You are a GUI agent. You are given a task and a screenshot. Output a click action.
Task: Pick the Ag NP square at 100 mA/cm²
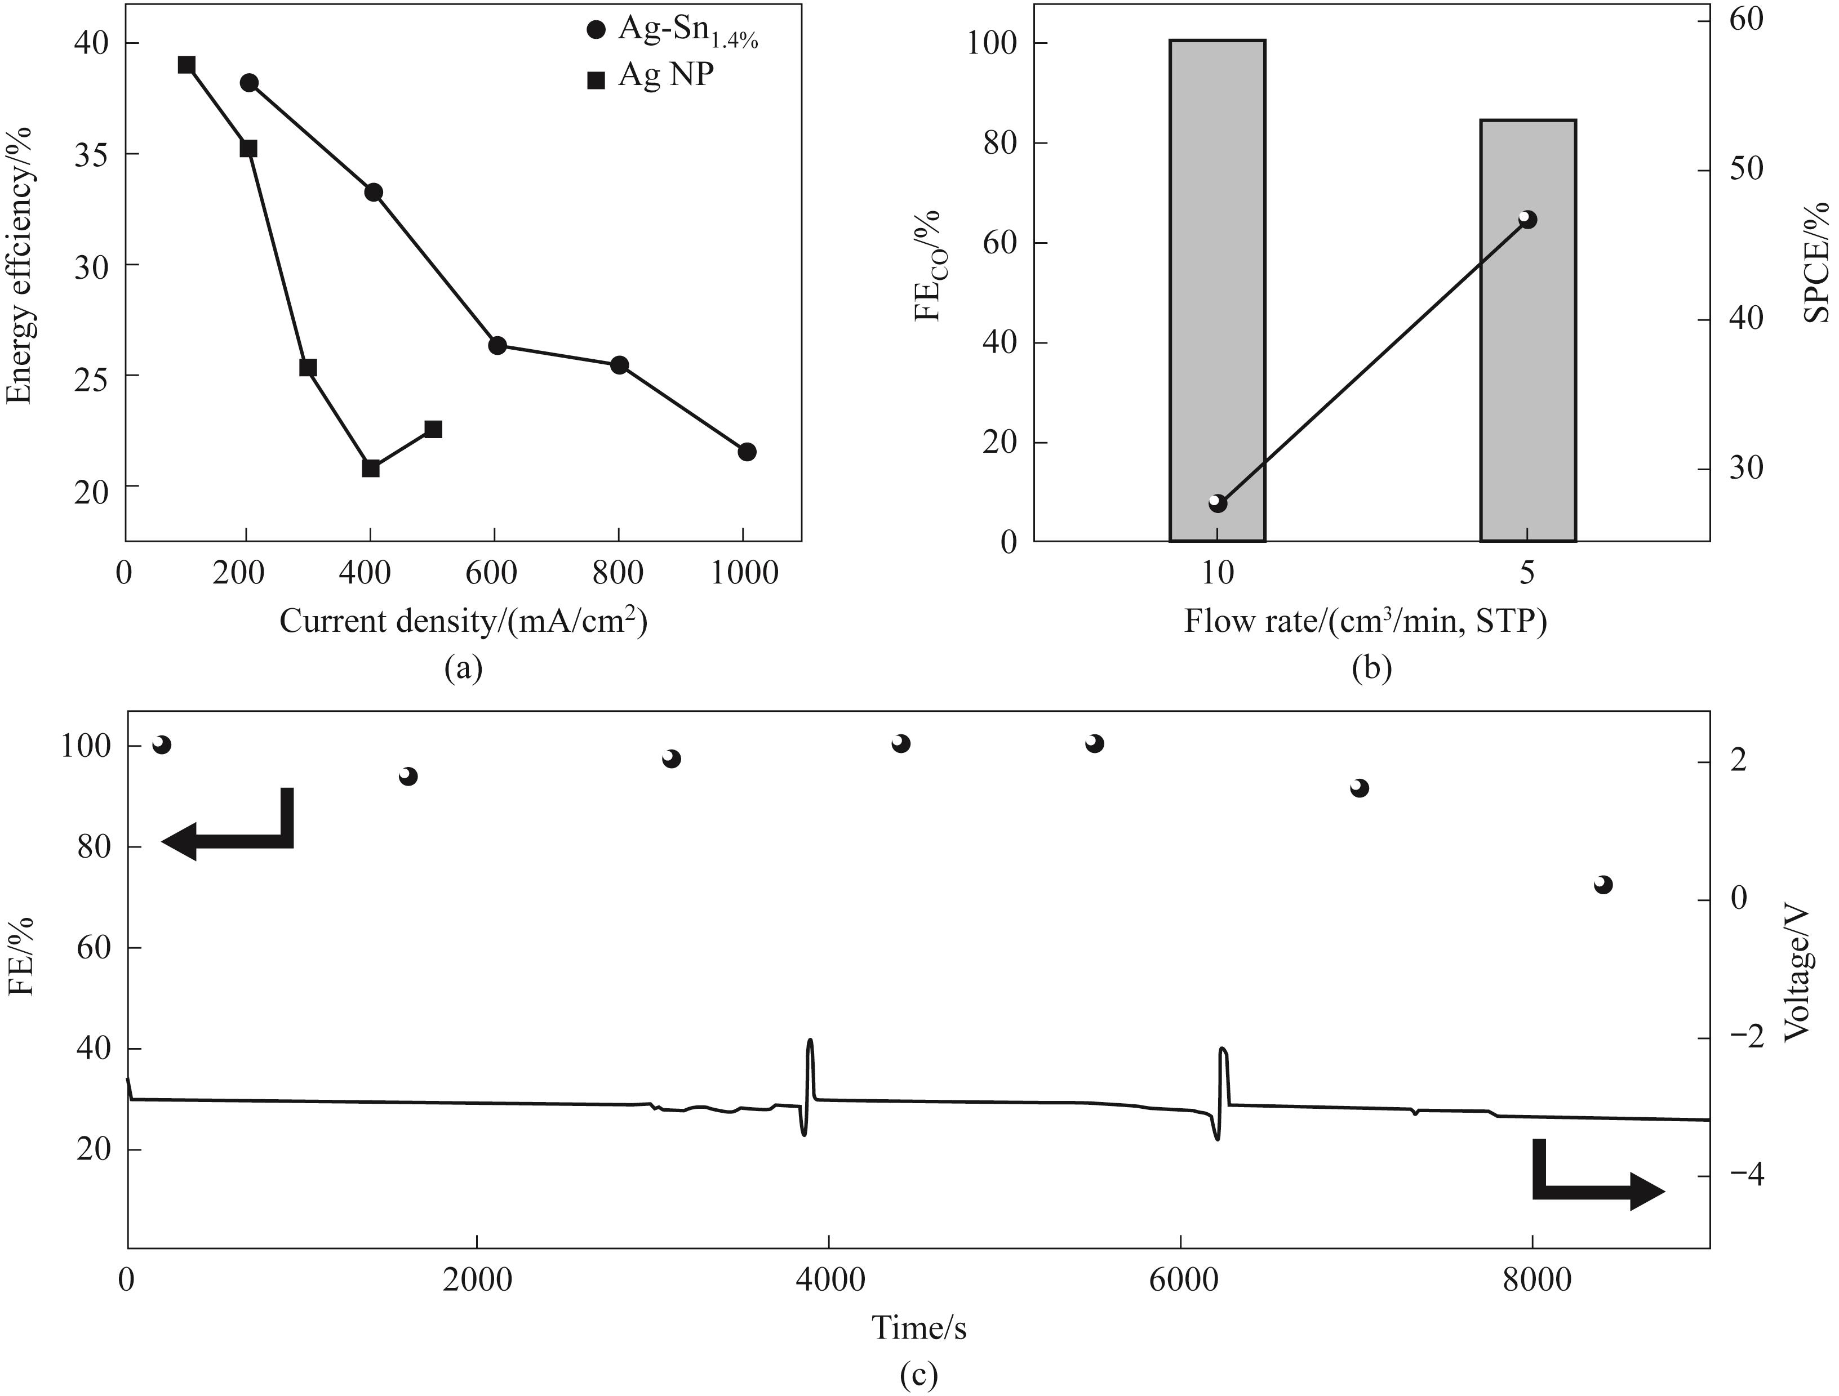pyautogui.click(x=186, y=65)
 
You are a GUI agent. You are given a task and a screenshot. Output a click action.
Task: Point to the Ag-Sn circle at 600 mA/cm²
pyautogui.click(x=497, y=346)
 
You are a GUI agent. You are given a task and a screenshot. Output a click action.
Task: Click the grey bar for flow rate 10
pyautogui.click(x=1217, y=291)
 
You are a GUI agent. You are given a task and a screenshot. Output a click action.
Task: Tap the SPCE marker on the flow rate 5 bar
pyautogui.click(x=1527, y=220)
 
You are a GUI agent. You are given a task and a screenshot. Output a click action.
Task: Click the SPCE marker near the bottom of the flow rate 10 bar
pyautogui.click(x=1217, y=503)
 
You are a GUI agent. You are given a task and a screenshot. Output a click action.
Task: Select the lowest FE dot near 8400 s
pyautogui.click(x=1603, y=885)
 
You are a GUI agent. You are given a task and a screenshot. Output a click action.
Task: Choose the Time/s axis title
pyautogui.click(x=919, y=1327)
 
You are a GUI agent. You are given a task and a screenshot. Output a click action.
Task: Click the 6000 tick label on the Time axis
pyautogui.click(x=1180, y=1279)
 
